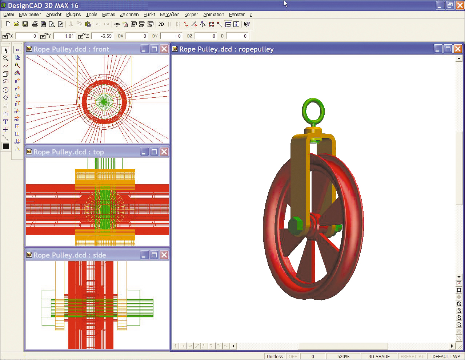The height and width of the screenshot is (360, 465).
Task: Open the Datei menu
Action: pos(8,15)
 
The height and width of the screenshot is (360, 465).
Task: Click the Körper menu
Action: pos(191,15)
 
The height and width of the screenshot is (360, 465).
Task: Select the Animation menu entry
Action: pos(213,15)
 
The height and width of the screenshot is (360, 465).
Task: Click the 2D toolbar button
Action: pos(161,24)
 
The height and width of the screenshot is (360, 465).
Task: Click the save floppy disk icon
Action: pos(25,24)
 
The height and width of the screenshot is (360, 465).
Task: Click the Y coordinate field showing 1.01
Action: pos(64,36)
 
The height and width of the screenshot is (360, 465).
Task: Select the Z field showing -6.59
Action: pos(102,36)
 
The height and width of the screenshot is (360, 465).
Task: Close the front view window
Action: pos(164,49)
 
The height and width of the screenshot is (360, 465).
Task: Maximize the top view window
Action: pos(154,152)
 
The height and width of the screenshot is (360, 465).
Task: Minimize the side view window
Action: pos(144,255)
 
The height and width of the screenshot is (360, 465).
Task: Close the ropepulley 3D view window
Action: pos(458,49)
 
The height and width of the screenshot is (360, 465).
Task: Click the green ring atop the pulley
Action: pos(313,111)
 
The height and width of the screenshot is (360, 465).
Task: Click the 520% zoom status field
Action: pos(343,356)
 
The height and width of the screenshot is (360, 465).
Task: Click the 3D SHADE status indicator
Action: pos(379,356)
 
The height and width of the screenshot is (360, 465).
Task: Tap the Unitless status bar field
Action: pos(274,356)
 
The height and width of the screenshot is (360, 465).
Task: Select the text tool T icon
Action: pos(5,122)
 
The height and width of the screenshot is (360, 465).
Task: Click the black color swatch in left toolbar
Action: pos(5,146)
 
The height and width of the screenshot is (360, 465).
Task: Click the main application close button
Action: pos(460,5)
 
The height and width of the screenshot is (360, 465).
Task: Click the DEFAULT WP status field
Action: pos(446,356)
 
